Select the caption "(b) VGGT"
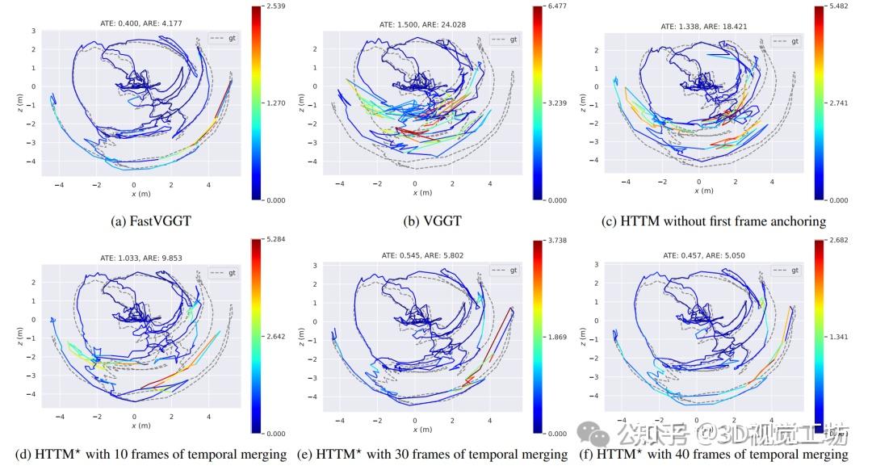(x=432, y=220)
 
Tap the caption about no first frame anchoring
(x=714, y=220)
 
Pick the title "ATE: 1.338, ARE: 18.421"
(x=704, y=26)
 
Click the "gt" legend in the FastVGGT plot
(x=224, y=38)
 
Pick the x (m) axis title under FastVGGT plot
(x=142, y=194)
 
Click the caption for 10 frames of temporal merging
(x=150, y=454)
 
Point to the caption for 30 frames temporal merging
(x=433, y=454)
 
